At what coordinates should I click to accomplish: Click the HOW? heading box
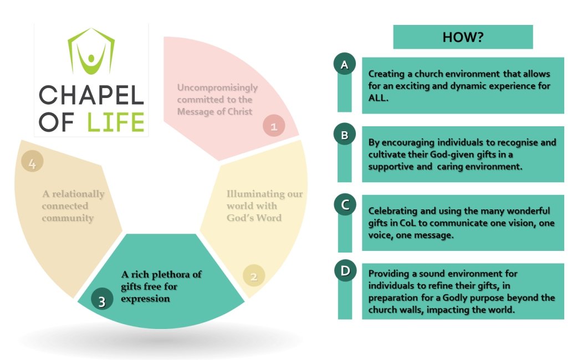click(463, 37)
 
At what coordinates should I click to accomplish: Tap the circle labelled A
click(344, 65)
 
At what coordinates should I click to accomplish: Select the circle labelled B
click(344, 135)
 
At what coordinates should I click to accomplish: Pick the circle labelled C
click(344, 205)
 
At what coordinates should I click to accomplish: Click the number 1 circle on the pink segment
click(273, 126)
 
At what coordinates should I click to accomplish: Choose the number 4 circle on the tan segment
click(32, 164)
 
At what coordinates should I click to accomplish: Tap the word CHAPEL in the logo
click(91, 96)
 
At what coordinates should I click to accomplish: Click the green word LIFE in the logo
click(116, 122)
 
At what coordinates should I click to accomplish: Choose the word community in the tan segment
click(67, 218)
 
